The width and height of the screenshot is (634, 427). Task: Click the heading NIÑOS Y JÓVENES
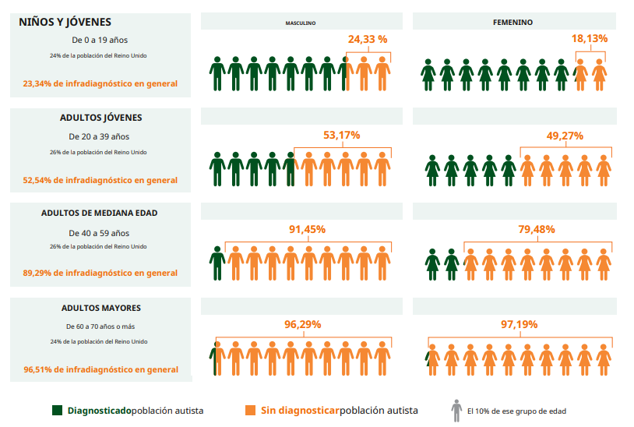pos(65,23)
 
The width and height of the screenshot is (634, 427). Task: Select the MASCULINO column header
pos(301,23)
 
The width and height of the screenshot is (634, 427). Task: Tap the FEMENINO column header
pos(512,23)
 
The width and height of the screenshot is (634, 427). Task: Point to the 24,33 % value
pos(368,38)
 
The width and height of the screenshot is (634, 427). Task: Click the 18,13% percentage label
pos(590,38)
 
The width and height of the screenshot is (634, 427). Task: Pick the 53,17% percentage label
pos(341,135)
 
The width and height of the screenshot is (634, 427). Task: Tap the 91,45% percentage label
pos(307,229)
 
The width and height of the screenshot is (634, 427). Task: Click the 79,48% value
pos(537,229)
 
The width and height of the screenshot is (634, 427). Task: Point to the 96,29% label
pos(302,324)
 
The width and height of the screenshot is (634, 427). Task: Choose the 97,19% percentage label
pos(519,324)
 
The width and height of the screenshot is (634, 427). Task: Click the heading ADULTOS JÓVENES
pos(100,118)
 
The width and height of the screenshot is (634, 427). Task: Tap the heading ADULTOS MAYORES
pos(100,308)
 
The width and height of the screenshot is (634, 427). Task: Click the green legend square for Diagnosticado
pos(57,410)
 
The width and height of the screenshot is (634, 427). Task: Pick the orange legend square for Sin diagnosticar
pos(250,410)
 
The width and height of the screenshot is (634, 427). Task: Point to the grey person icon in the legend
pos(456,410)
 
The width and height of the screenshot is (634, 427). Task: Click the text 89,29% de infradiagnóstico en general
pos(100,273)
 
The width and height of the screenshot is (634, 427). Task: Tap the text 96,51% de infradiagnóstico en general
pos(100,369)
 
